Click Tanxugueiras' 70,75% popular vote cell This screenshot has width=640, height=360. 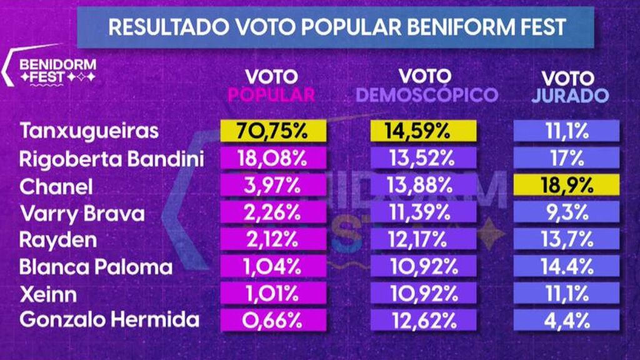coord(273,132)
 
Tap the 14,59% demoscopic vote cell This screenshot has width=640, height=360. coord(424,132)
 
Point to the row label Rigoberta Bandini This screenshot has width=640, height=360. coord(112,159)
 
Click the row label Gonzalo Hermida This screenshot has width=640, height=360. coord(109,320)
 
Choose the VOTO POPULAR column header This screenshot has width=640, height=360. coord(271,86)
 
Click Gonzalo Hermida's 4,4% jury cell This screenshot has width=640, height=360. coord(566,320)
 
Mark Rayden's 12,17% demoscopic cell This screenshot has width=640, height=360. coord(424,239)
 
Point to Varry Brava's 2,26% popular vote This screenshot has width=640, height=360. coord(273,212)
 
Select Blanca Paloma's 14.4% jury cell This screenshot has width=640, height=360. coord(566,266)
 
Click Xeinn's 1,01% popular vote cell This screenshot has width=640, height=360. coord(273,293)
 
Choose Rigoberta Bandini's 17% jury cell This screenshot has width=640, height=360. coord(566,159)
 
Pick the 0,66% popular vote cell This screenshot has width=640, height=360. coord(273,320)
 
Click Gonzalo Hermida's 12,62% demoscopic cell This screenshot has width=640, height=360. coord(424,320)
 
